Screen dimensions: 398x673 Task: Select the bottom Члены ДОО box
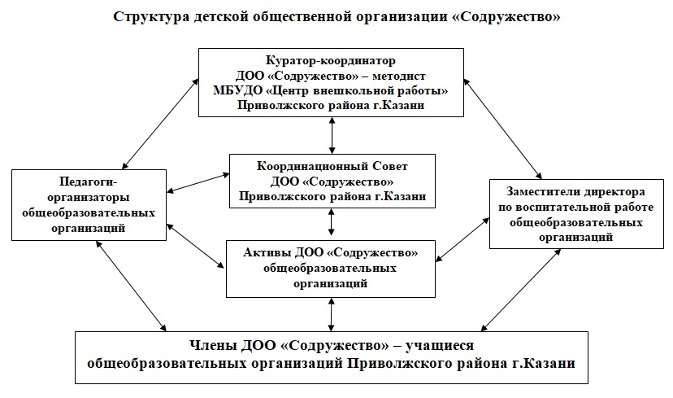pos(331,356)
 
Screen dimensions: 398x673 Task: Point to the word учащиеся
pos(515,348)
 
